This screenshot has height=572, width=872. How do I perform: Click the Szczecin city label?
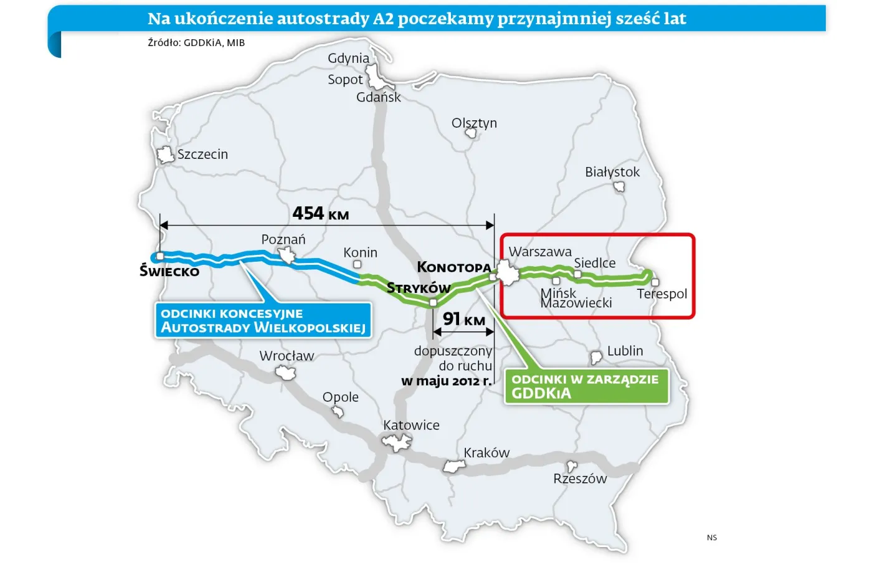tap(202, 155)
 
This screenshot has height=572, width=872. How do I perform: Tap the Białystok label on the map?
tap(612, 172)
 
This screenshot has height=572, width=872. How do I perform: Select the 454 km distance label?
tap(321, 214)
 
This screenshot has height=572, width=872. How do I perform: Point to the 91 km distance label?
tap(464, 320)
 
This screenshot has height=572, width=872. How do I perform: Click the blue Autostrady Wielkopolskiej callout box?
tap(263, 320)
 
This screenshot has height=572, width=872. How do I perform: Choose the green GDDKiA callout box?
tap(585, 386)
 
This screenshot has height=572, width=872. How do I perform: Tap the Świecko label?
tap(169, 271)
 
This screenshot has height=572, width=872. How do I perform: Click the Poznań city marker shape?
tap(287, 255)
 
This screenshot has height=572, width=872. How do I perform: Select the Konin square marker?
tap(358, 265)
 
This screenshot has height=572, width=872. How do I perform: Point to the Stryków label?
tap(418, 288)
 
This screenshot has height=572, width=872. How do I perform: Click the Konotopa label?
tap(454, 267)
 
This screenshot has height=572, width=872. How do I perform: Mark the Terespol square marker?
tap(655, 283)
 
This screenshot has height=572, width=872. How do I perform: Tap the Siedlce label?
tap(595, 263)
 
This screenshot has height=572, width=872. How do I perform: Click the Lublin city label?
tap(625, 351)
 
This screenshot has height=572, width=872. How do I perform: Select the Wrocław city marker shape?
tap(286, 373)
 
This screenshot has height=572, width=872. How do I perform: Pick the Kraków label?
tap(486, 453)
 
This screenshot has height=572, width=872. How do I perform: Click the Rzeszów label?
tap(580, 479)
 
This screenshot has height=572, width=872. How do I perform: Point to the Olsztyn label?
tap(475, 123)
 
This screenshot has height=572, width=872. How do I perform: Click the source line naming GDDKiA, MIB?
tap(196, 43)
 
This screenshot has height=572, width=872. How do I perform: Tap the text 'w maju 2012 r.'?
tap(447, 381)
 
